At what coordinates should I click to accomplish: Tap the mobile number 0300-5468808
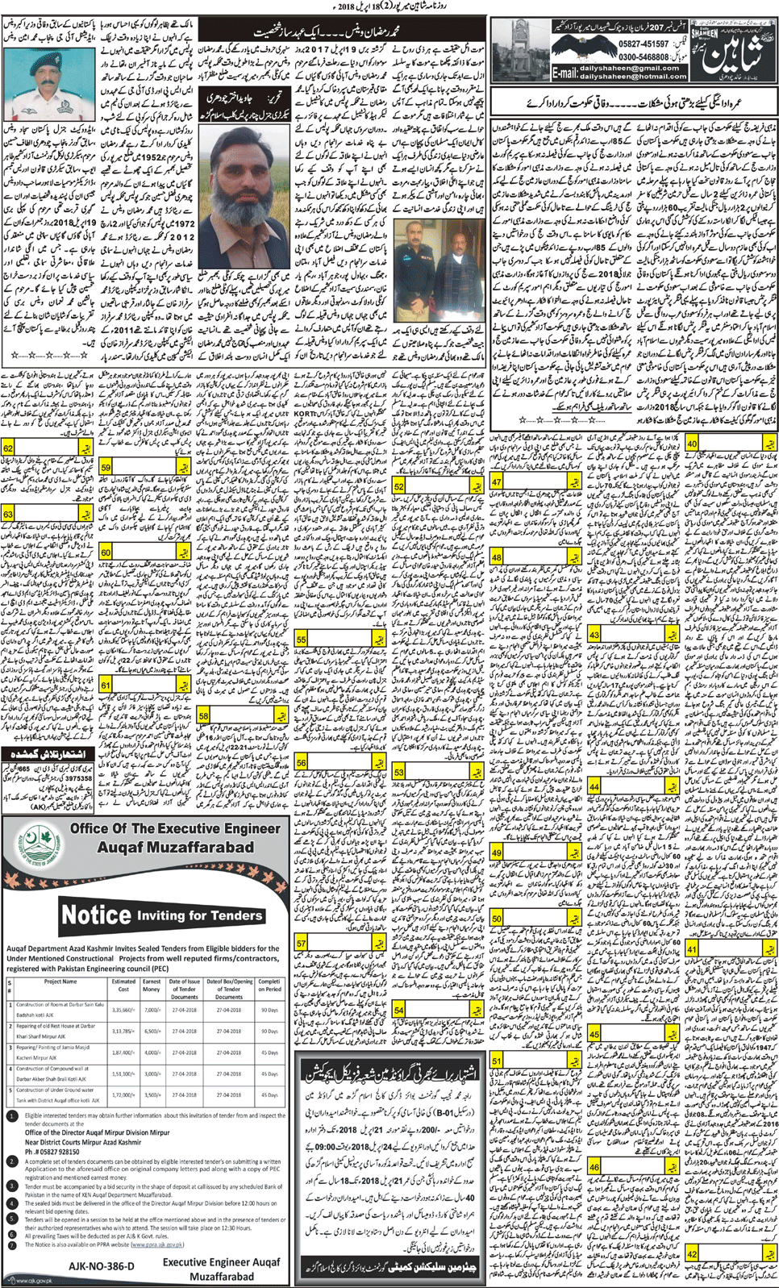click(636, 58)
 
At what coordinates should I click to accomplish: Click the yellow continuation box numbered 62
click(9, 448)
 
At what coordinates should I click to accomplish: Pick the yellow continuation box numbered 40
click(693, 444)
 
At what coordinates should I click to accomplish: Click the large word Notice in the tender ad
click(96, 915)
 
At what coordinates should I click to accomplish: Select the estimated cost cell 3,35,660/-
click(123, 1009)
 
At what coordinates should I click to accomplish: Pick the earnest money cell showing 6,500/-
click(152, 1031)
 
